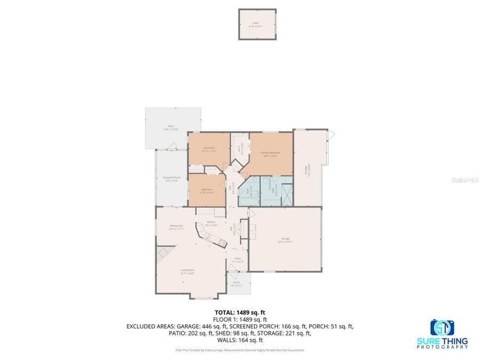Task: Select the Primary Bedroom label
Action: pyautogui.click(x=270, y=154)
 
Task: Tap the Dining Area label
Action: pyautogui.click(x=176, y=227)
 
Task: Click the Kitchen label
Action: pyautogui.click(x=211, y=223)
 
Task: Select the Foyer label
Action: pyautogui.click(x=238, y=260)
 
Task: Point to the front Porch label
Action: pyautogui.click(x=236, y=284)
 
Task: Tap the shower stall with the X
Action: pyautogui.click(x=286, y=195)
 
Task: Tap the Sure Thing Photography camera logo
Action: pyautogui.click(x=442, y=327)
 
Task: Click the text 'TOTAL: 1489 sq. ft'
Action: pyautogui.click(x=239, y=313)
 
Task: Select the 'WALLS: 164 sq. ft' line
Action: pyautogui.click(x=239, y=340)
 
